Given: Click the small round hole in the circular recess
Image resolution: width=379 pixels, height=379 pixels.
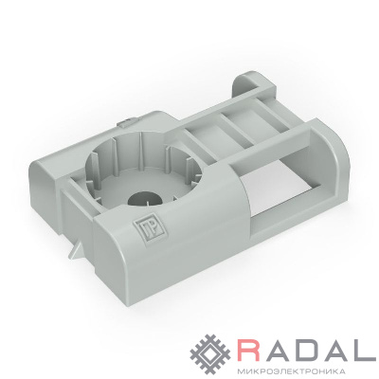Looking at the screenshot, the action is pos(145,200).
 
